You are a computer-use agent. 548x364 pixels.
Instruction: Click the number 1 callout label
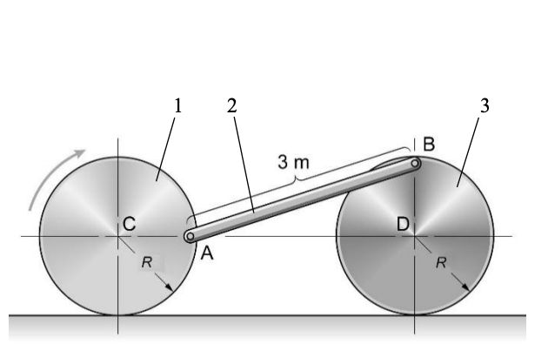click(177, 105)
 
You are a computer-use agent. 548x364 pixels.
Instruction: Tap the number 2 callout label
click(231, 105)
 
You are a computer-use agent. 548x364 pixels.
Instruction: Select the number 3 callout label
click(485, 105)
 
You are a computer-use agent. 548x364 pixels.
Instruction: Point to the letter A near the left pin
click(206, 253)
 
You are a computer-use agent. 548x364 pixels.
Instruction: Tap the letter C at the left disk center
click(129, 225)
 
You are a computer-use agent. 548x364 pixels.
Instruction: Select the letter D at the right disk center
click(403, 225)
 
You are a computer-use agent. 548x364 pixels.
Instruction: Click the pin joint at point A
click(189, 235)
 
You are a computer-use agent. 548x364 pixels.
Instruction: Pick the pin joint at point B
click(416, 162)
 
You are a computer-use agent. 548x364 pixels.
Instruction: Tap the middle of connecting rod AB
click(302, 199)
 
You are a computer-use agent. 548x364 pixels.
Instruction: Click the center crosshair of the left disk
click(117, 235)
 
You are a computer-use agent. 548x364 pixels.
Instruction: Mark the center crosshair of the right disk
click(414, 235)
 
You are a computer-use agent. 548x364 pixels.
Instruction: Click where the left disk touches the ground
click(117, 314)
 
